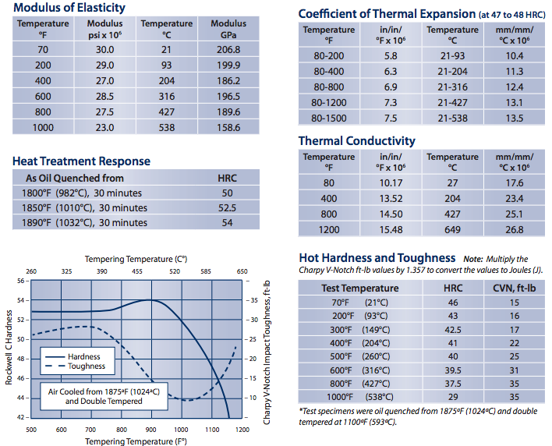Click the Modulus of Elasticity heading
(x=69, y=8)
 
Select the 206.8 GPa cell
(x=228, y=49)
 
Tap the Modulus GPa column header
(x=228, y=29)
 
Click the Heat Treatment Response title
(x=81, y=161)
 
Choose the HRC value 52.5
(x=227, y=207)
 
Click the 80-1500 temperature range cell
(x=328, y=119)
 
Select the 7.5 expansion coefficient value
(x=391, y=119)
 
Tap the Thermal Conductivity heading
(x=356, y=141)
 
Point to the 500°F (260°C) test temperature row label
(x=349, y=356)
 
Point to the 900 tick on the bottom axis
(x=150, y=430)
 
